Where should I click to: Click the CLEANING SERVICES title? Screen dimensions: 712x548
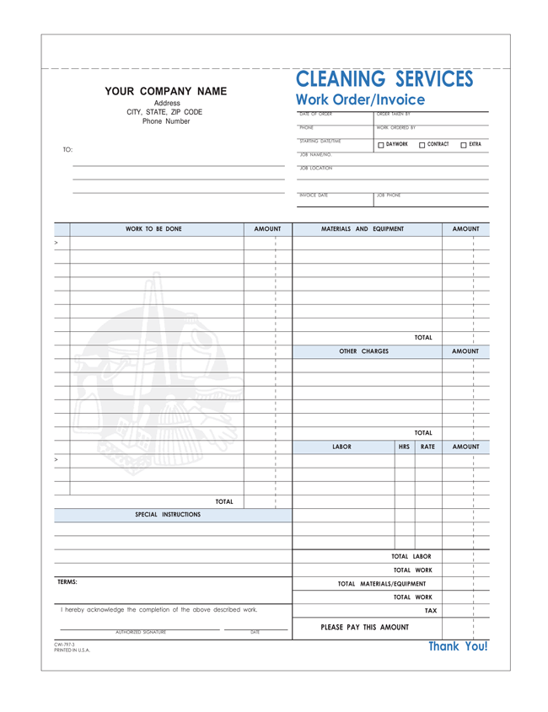coord(384,80)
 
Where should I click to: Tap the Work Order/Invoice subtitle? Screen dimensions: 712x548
coord(360,100)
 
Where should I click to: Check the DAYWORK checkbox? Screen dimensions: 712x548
coord(381,145)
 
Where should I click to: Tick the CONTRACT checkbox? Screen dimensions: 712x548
coord(422,145)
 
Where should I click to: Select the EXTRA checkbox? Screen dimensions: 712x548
coord(464,145)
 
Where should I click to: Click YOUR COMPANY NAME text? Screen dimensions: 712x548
coord(165,91)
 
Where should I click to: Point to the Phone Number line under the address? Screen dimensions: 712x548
coord(166,121)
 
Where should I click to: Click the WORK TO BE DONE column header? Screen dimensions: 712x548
coord(153,228)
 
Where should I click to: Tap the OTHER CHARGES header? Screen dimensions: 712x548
coord(363,351)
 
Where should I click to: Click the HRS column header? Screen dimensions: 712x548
coord(404,447)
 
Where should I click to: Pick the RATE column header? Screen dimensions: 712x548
coord(427,447)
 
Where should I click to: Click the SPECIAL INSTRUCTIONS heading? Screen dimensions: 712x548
coord(168,514)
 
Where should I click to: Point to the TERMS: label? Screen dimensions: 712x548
coord(67,582)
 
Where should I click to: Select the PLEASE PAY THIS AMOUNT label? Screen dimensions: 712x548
coord(365,627)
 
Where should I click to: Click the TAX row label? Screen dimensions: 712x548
coord(430,610)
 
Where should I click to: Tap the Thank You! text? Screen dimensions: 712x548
coord(458,646)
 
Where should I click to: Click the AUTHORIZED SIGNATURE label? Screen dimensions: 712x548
coord(141,632)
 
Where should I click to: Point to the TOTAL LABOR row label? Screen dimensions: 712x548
coord(411,556)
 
